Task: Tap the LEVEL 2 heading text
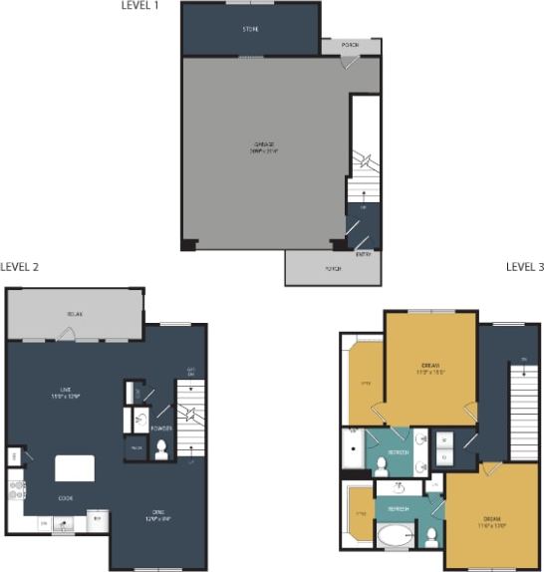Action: (20, 267)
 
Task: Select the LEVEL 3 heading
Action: (524, 267)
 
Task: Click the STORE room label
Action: (250, 30)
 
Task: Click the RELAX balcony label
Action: (75, 314)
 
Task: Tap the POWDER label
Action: (161, 429)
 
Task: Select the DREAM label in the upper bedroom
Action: (430, 369)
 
